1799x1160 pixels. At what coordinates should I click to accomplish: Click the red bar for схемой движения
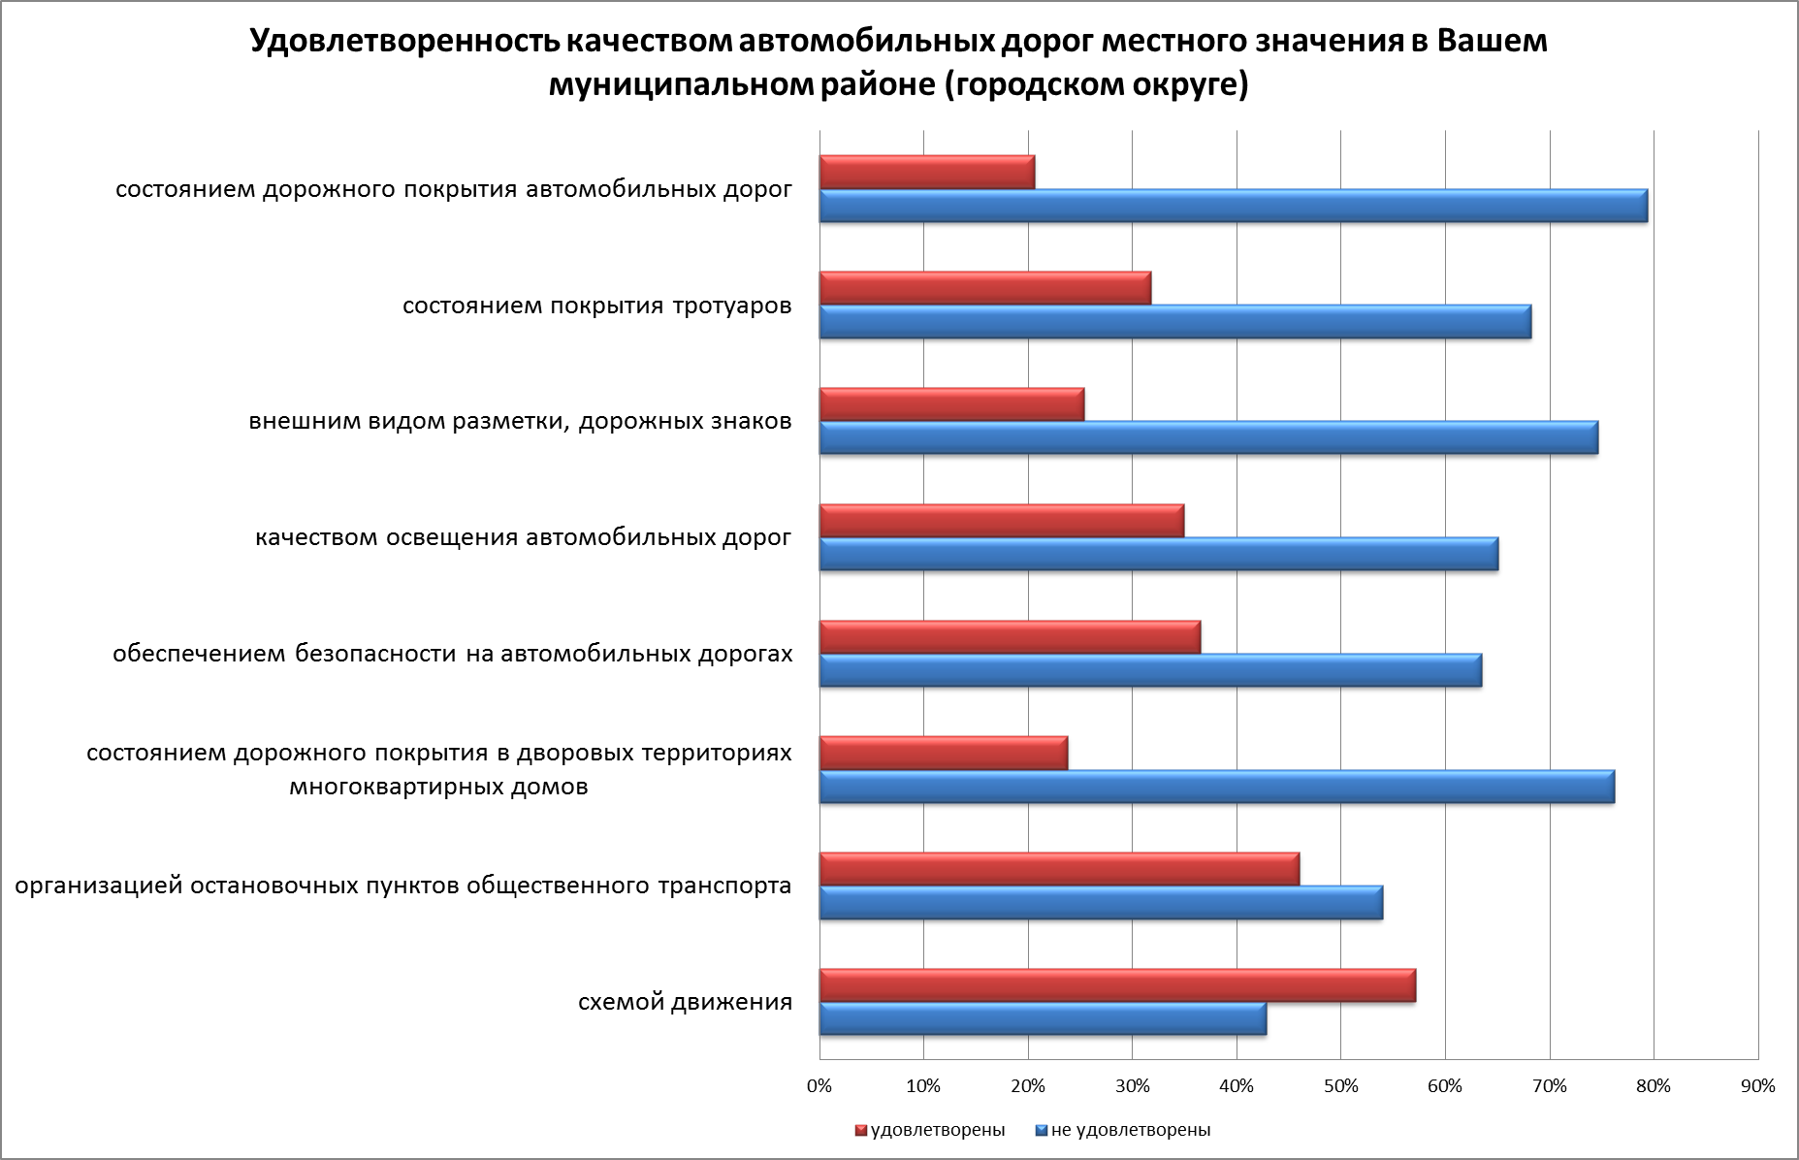1117,985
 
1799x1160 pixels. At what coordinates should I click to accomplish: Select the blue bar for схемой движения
1043,1019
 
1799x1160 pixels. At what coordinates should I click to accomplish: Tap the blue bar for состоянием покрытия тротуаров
1174,322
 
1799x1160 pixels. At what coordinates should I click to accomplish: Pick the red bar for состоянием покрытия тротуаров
984,288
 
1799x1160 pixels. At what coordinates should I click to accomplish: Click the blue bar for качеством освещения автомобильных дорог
1158,554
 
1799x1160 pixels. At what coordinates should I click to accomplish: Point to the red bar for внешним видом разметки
951,404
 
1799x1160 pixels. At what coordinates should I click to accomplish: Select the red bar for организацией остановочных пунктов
1059,869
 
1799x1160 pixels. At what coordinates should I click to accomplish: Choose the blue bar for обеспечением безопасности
1150,670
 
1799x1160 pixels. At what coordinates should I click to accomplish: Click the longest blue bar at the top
1233,206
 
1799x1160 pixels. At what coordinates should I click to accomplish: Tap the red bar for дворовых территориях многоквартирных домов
943,753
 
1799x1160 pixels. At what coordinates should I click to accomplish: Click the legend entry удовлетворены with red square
930,1130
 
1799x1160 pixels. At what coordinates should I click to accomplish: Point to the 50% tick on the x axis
1340,1086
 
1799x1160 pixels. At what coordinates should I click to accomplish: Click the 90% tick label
1757,1086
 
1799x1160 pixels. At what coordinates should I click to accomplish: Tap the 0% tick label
819,1086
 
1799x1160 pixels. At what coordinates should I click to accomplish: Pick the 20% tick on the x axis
1028,1086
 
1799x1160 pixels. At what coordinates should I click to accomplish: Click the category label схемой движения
685,1002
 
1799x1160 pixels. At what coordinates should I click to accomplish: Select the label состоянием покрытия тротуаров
596,306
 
